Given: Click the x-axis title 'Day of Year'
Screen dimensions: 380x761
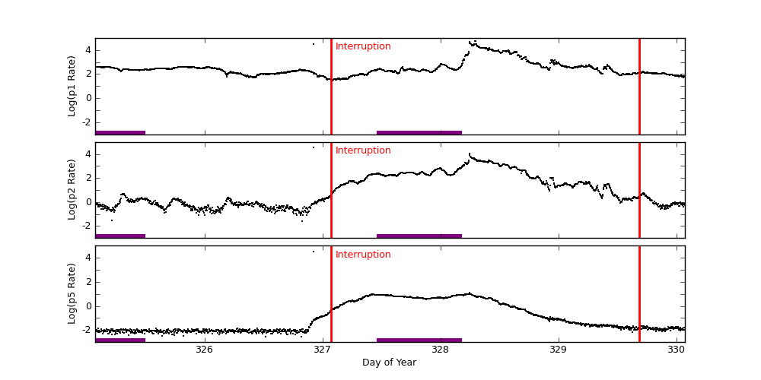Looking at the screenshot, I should (389, 363).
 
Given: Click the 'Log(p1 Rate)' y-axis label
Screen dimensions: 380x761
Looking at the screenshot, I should (72, 86).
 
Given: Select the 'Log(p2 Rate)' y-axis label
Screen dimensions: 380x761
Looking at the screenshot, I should (72, 189).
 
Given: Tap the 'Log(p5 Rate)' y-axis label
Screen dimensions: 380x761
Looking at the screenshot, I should (72, 293).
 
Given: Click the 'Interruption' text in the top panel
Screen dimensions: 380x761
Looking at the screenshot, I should (363, 46).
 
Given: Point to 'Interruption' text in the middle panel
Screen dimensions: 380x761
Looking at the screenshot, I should (363, 150).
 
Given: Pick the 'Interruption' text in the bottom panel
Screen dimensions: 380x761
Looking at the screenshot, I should (363, 255).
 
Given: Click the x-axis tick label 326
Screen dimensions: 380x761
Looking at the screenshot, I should (204, 350).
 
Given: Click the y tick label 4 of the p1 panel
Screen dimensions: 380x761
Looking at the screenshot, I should (88, 50).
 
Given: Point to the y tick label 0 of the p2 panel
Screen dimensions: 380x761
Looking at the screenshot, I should (88, 202).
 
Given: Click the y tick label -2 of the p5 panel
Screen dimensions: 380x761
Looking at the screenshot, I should (86, 330).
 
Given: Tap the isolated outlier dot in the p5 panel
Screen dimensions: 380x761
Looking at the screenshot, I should (313, 252).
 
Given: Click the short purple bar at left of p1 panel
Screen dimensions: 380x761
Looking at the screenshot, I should (120, 132).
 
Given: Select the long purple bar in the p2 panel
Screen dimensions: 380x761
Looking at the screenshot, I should (419, 236).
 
